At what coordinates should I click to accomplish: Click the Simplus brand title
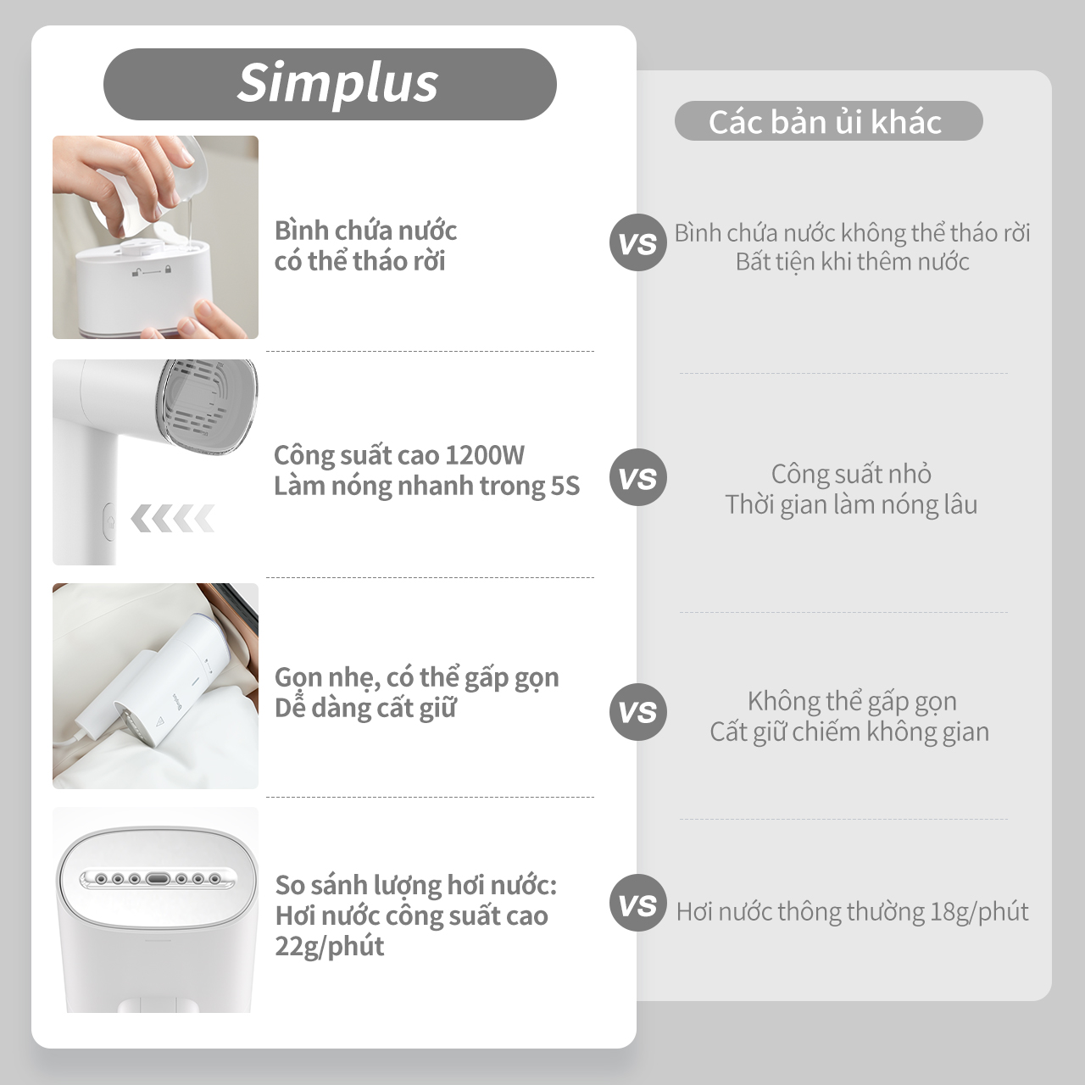337,83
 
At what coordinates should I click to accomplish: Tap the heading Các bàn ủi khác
826,122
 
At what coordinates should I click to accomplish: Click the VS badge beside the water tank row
637,244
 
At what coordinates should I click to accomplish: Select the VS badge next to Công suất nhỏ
637,478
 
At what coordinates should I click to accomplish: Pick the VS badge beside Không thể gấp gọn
637,712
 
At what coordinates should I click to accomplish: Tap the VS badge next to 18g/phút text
637,904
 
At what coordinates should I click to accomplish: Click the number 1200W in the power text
484,455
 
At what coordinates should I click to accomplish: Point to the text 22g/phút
329,946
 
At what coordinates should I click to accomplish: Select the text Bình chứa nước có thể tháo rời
364,246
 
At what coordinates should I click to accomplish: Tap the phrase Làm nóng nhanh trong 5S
426,486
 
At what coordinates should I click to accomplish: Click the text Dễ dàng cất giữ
364,708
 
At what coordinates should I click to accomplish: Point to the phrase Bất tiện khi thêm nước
852,262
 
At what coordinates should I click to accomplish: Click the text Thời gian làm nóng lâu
851,504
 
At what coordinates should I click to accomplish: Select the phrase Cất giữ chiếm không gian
849,732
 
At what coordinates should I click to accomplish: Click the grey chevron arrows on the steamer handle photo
173,518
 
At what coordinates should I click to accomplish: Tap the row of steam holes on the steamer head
155,879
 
